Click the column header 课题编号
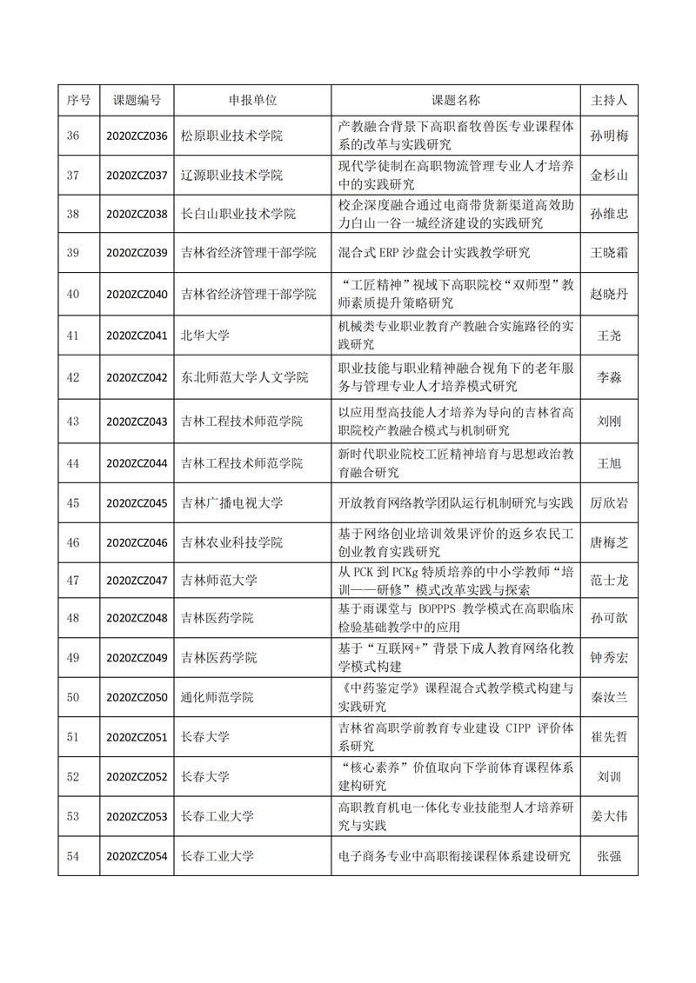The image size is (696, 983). tap(137, 100)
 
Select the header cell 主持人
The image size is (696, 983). tap(609, 100)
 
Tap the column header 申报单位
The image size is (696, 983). tap(252, 100)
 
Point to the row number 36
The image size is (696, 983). tap(73, 136)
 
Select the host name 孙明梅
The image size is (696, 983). tap(609, 136)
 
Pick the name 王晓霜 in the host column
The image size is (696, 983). tap(609, 253)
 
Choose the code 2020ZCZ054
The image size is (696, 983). tap(137, 856)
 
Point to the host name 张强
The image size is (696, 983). tap(609, 856)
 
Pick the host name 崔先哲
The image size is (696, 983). tap(609, 737)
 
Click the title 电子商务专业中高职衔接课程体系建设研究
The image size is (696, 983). tap(453, 856)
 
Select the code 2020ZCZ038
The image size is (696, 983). tap(137, 214)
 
